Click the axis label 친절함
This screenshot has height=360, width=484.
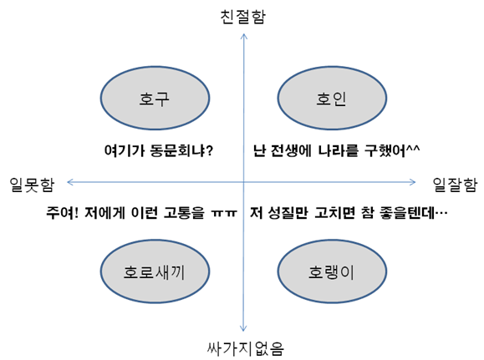coord(243,17)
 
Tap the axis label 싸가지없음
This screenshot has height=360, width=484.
coord(246,349)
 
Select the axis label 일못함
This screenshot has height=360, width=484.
coord(32,185)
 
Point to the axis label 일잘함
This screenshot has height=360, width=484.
coord(455,185)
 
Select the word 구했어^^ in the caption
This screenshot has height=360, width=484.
coord(392,150)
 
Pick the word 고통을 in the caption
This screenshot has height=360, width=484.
coord(184,212)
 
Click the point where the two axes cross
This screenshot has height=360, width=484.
coord(243,182)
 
